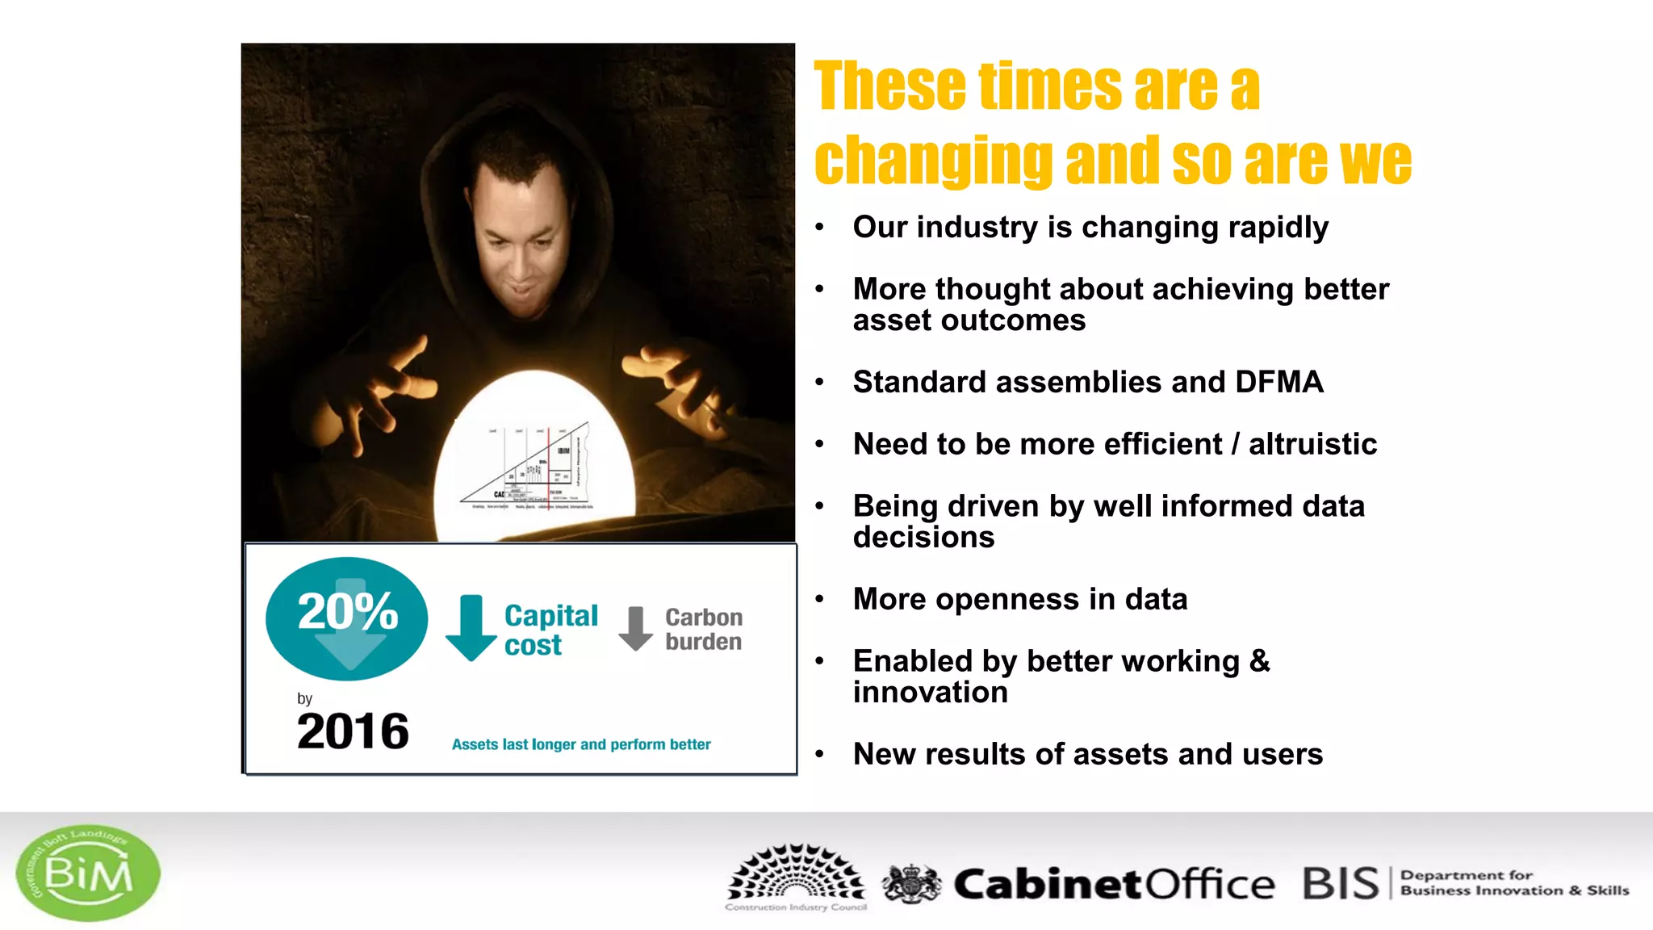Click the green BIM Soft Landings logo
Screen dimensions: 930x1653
pos(87,873)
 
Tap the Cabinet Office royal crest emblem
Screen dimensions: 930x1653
pos(911,883)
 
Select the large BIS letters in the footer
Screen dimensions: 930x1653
pos(1341,883)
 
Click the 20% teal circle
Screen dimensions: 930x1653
pos(347,618)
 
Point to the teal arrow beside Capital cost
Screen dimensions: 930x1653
pos(471,628)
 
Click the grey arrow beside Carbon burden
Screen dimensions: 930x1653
pos(636,628)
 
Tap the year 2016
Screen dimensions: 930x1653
pos(353,731)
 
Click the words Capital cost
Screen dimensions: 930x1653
pos(550,630)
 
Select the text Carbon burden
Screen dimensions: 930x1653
pos(704,629)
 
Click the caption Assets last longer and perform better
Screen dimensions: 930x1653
pos(581,744)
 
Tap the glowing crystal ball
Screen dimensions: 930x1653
pos(534,460)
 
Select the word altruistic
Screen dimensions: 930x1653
pos(1312,444)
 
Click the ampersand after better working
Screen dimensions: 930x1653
pos(1259,661)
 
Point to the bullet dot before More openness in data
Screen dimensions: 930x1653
pos(819,599)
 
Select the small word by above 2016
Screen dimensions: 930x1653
pos(304,698)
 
